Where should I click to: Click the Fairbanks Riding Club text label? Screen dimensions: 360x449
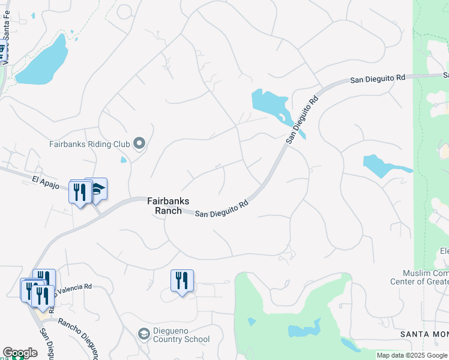click(x=89, y=144)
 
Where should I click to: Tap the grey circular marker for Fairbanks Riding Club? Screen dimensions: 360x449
click(x=140, y=143)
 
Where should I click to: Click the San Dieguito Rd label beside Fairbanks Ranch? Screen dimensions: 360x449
click(x=222, y=209)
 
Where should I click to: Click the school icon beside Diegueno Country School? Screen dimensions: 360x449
click(x=144, y=334)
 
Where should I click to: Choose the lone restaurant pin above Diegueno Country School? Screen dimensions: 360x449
click(x=182, y=280)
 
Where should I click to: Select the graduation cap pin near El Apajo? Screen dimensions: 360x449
click(x=97, y=188)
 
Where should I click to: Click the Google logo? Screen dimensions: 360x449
click(x=20, y=353)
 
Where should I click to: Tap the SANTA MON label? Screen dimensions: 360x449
click(x=424, y=334)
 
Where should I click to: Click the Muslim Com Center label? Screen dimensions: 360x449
click(x=420, y=277)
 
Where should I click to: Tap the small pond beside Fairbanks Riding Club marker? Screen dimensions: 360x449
click(x=124, y=160)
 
